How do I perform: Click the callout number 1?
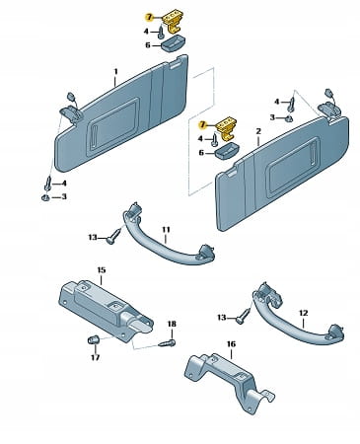115,71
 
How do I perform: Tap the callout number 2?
258,131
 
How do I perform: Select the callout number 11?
166,229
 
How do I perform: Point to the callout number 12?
303,313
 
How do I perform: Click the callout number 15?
102,270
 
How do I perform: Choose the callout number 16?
231,344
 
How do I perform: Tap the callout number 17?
95,357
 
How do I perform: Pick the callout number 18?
172,324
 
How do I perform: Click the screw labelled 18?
167,343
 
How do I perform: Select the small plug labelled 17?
93,340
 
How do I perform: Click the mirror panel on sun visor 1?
113,125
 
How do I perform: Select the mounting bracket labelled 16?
230,382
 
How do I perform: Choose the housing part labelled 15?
106,308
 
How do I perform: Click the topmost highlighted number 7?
149,18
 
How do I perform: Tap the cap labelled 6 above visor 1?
174,42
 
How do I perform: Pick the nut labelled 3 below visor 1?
45,197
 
